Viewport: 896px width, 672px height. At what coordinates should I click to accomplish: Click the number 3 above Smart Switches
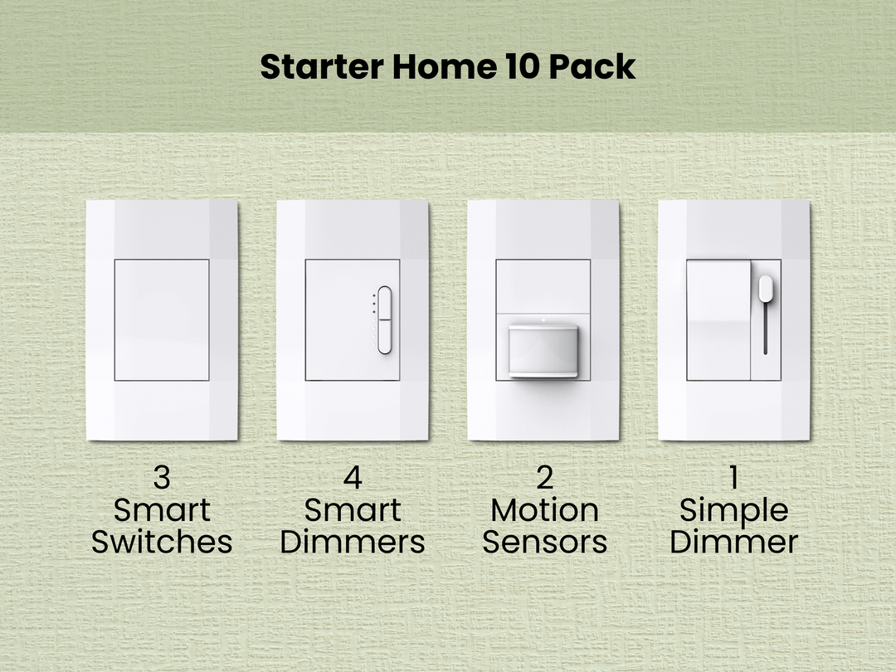[x=162, y=479]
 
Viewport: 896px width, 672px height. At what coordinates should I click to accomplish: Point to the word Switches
[x=162, y=543]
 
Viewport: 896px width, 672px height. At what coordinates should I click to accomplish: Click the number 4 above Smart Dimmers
[x=353, y=479]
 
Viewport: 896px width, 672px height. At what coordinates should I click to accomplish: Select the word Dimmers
[x=353, y=543]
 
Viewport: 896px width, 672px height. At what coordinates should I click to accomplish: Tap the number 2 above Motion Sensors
[x=544, y=479]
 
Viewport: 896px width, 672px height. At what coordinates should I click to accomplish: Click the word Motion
[x=544, y=510]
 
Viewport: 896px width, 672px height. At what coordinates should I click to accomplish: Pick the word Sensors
[x=544, y=543]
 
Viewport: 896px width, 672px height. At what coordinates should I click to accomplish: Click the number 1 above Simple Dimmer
[x=734, y=479]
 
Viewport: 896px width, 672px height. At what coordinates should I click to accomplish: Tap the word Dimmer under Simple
[x=734, y=543]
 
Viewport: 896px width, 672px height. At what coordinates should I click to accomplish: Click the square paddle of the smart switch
[x=162, y=319]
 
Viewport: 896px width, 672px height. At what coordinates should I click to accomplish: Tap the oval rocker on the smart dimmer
[x=384, y=320]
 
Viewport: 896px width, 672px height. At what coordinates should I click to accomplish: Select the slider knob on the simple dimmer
[x=765, y=288]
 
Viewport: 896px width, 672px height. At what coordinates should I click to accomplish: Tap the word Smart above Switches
[x=162, y=510]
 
